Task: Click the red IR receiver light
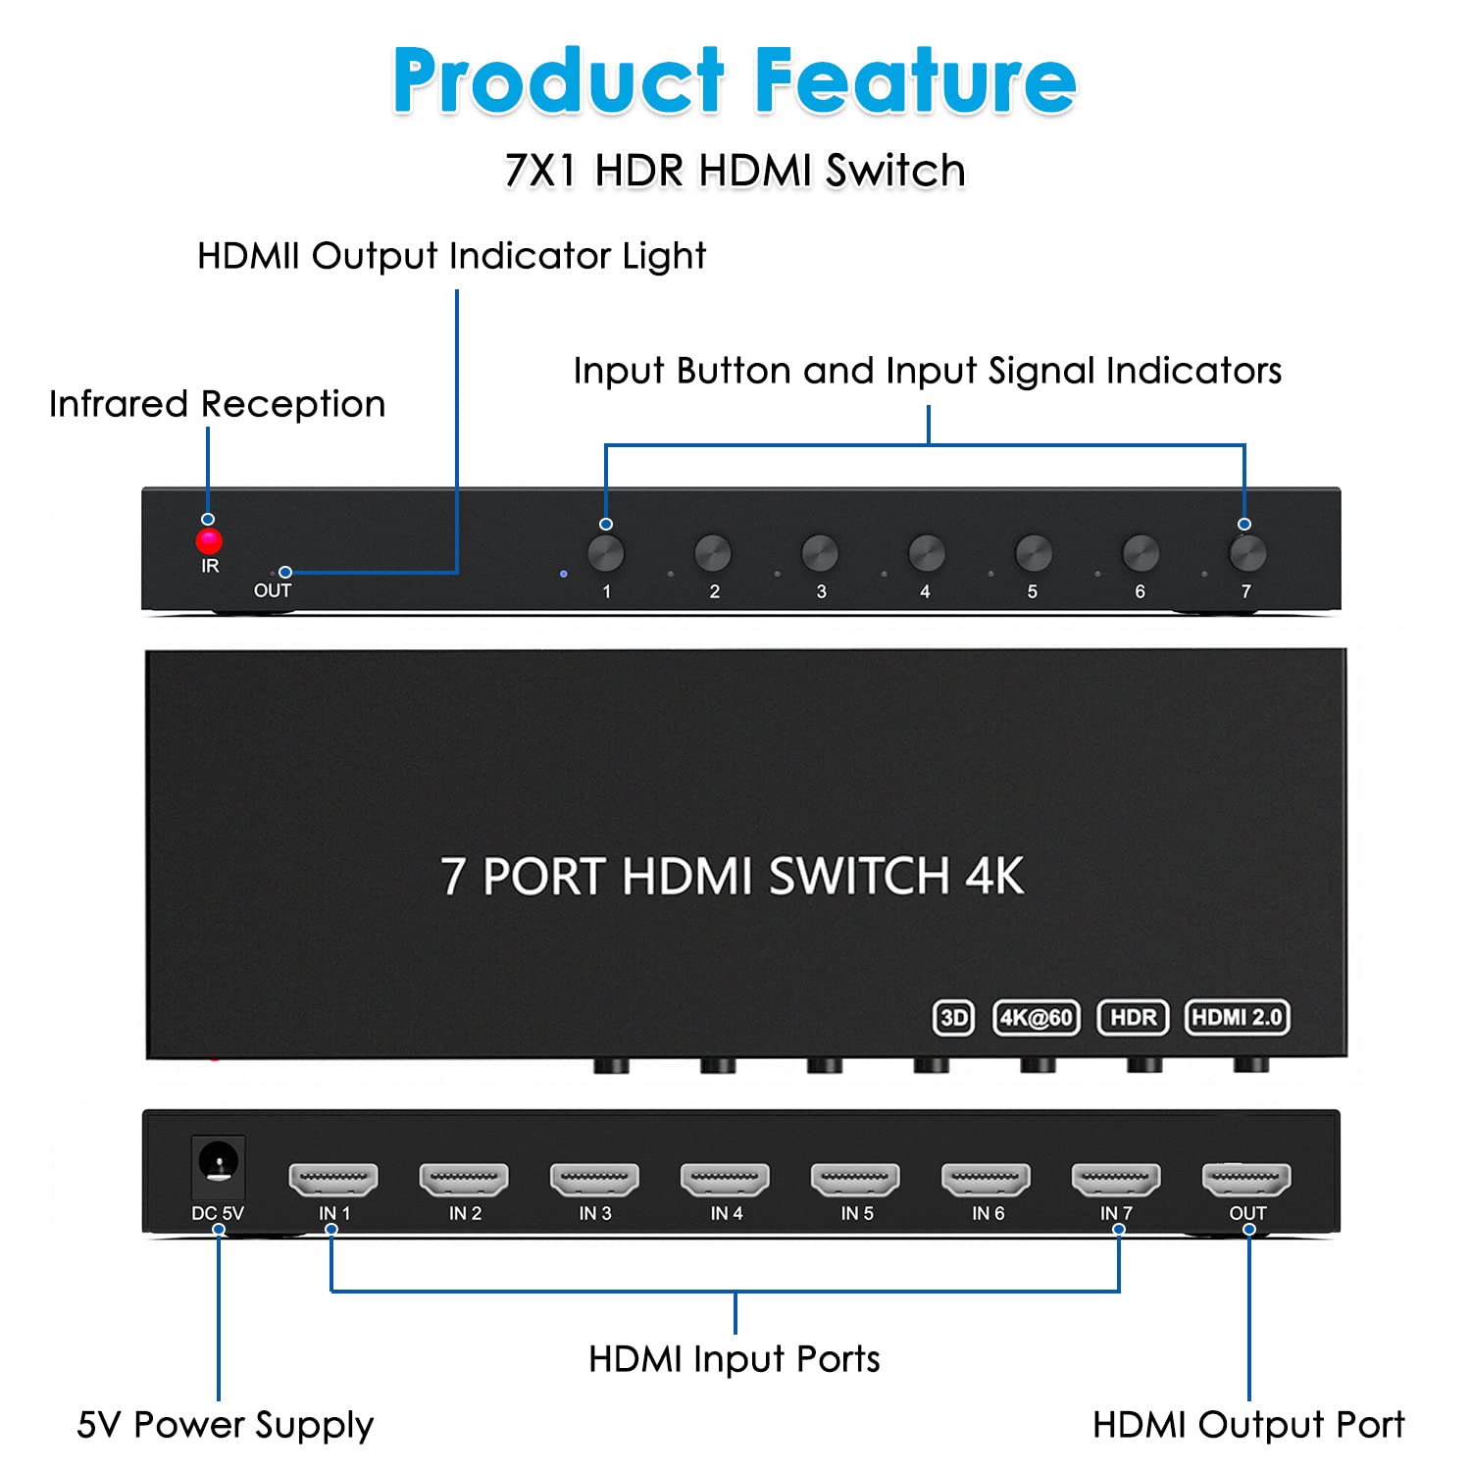click(209, 541)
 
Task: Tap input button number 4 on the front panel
click(926, 554)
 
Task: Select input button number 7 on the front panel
click(1246, 554)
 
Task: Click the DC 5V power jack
click(218, 1164)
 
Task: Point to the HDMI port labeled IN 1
click(333, 1179)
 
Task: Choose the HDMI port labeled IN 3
click(594, 1179)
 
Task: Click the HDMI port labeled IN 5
click(855, 1179)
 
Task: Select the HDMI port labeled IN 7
click(1116, 1179)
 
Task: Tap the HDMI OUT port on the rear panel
click(1246, 1179)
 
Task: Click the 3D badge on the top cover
click(953, 1018)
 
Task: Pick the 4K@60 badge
click(1036, 1018)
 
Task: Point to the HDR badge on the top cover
click(1133, 1018)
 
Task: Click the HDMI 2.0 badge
click(1237, 1018)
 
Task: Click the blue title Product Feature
click(735, 80)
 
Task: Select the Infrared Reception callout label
click(217, 404)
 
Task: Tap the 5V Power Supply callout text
click(225, 1425)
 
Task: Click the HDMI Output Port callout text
click(1247, 1425)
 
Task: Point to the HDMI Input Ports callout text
click(734, 1359)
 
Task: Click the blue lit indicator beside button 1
click(563, 574)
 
